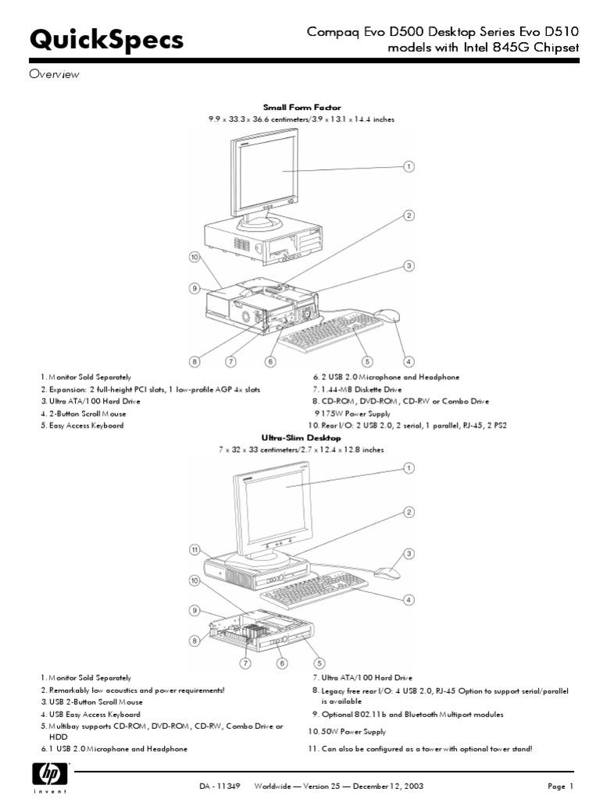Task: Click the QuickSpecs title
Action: click(x=106, y=41)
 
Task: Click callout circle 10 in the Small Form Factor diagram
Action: click(x=194, y=256)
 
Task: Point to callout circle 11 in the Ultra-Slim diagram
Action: click(x=195, y=549)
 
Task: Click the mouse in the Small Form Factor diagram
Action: click(x=387, y=316)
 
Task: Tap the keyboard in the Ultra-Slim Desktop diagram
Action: click(x=316, y=591)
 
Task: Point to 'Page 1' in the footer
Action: click(x=559, y=785)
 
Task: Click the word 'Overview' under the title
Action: click(x=55, y=75)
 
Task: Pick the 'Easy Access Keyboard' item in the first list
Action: click(x=81, y=426)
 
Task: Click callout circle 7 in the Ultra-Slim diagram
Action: click(x=245, y=663)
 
